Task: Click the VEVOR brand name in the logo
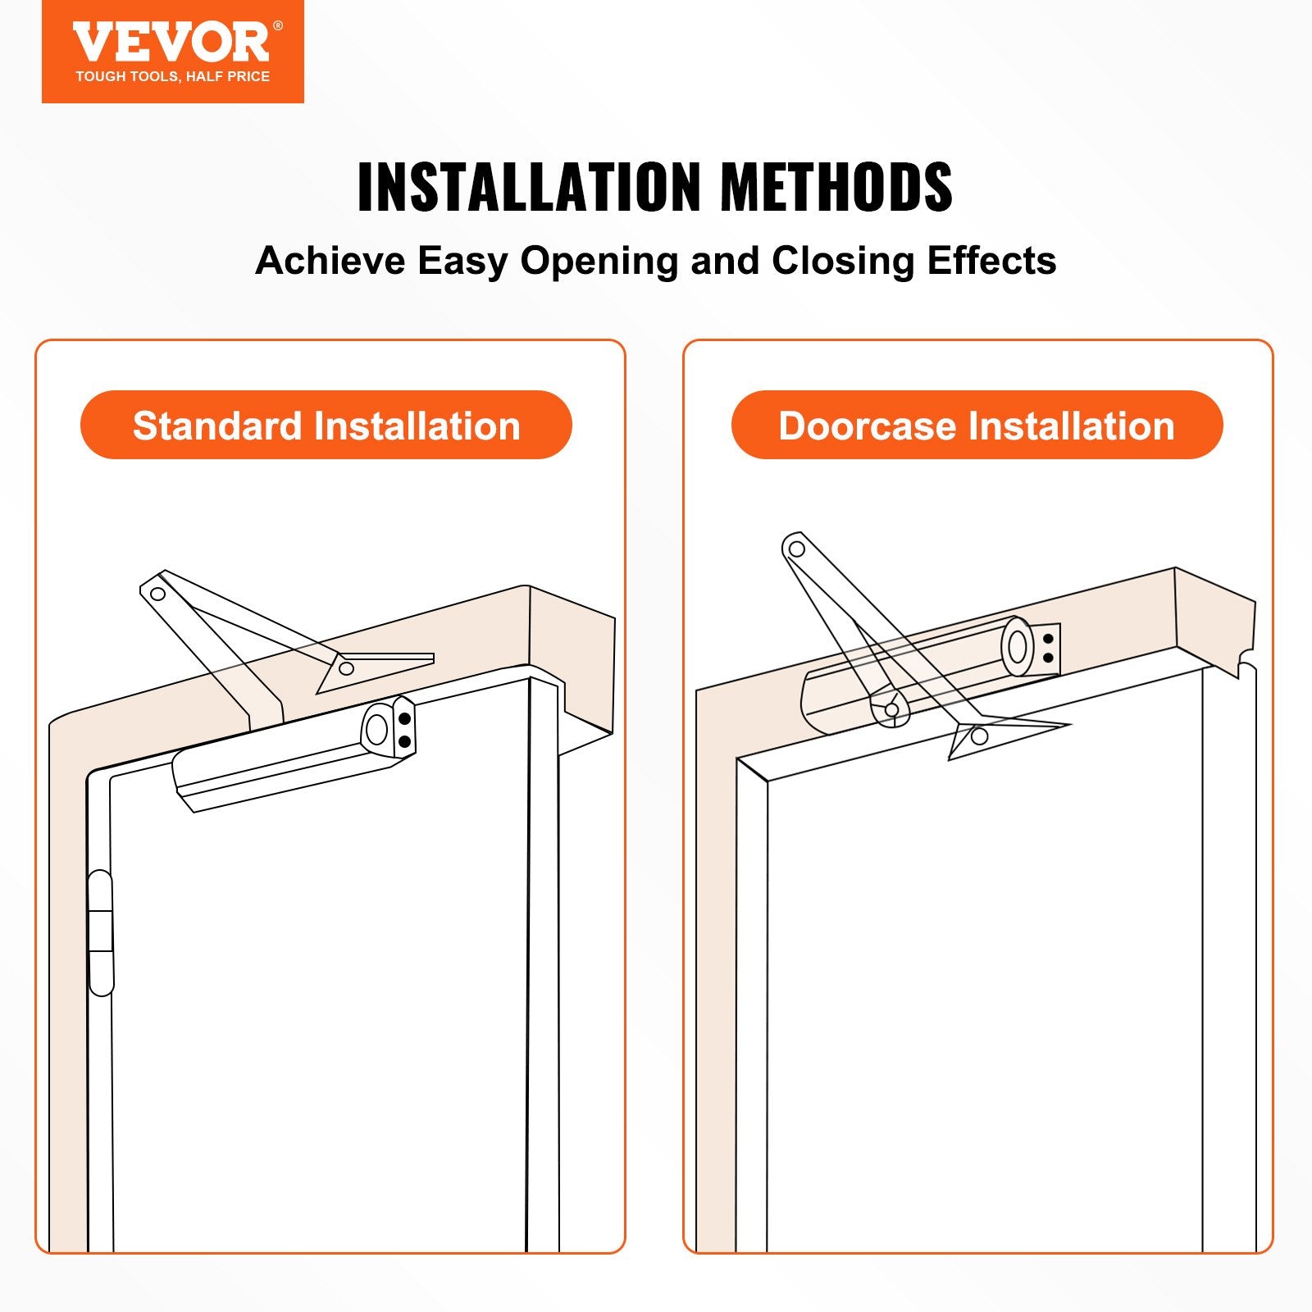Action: tap(171, 43)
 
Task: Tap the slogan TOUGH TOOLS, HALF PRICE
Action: tap(172, 76)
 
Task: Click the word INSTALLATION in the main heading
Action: tap(529, 187)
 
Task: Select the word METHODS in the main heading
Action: tap(836, 187)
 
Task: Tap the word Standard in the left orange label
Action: tap(217, 426)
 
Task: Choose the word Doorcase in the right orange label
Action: tap(868, 426)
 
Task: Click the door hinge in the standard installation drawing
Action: tap(100, 933)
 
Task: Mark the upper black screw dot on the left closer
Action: tap(404, 719)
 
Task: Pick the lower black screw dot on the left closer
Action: tap(404, 741)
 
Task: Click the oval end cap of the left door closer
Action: tap(376, 728)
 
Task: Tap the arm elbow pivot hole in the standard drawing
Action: tap(158, 594)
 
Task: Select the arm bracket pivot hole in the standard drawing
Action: tap(346, 668)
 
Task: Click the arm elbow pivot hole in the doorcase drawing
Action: tap(795, 549)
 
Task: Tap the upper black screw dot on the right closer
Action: tap(1048, 639)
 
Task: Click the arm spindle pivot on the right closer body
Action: tap(891, 709)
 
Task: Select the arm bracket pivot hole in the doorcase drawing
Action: tap(979, 736)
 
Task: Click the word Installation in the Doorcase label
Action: tap(1072, 426)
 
